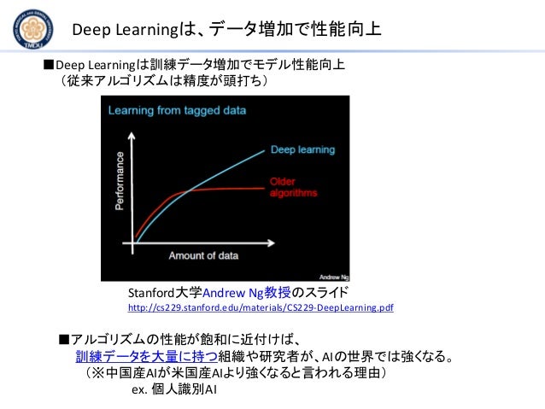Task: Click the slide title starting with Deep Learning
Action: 226,31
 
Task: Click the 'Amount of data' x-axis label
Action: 202,255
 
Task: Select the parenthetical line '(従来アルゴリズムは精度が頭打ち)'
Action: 162,81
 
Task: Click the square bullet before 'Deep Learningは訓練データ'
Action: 49,64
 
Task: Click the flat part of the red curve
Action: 231,190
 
